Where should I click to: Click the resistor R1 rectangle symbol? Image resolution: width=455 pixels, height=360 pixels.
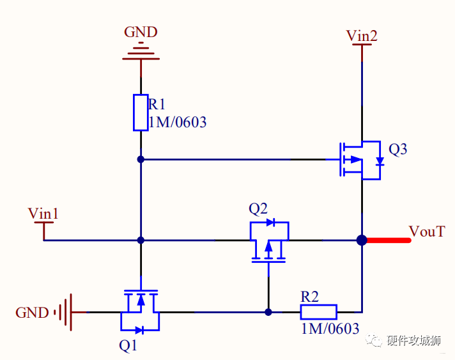pyautogui.click(x=141, y=113)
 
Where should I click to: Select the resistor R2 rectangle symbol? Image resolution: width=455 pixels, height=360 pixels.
pyautogui.click(x=318, y=312)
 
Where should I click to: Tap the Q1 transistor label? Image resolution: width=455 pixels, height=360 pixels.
pyautogui.click(x=128, y=346)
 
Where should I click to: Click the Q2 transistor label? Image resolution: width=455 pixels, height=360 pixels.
pyautogui.click(x=258, y=208)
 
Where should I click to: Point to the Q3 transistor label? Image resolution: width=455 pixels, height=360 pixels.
pyautogui.click(x=397, y=150)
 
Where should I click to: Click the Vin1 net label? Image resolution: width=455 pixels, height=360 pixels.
pyautogui.click(x=43, y=214)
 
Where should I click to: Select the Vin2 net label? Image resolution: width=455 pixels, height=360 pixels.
pyautogui.click(x=362, y=36)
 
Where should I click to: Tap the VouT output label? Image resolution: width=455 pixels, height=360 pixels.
pyautogui.click(x=427, y=231)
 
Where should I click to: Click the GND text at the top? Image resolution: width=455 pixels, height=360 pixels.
pyautogui.click(x=141, y=32)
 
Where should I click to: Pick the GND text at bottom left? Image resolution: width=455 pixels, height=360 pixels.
pyautogui.click(x=32, y=313)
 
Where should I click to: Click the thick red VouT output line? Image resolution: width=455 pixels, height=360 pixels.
pyautogui.click(x=387, y=240)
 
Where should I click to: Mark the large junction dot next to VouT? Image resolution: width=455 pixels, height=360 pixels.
pyautogui.click(x=362, y=240)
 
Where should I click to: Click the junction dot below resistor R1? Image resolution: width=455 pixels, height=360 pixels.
pyautogui.click(x=141, y=159)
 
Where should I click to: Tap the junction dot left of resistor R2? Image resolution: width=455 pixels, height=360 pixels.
pyautogui.click(x=268, y=312)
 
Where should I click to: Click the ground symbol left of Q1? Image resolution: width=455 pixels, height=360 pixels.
pyautogui.click(x=65, y=312)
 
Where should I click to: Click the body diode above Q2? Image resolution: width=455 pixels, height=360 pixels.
pyautogui.click(x=270, y=223)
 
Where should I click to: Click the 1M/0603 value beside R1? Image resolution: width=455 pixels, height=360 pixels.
pyautogui.click(x=178, y=122)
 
